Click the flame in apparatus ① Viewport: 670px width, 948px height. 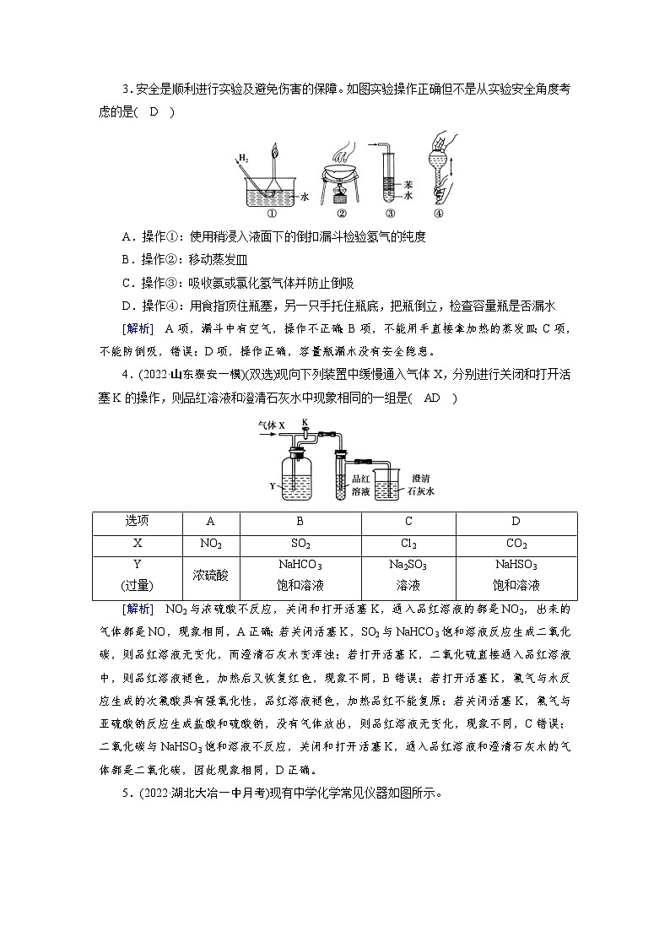point(273,153)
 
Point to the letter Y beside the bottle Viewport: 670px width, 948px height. point(272,485)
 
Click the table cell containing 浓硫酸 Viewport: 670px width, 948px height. point(210,575)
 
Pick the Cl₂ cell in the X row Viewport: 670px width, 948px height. point(408,544)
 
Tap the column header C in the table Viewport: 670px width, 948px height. point(408,522)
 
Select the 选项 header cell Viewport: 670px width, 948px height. point(137,522)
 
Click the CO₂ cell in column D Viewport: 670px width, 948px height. point(516,544)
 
